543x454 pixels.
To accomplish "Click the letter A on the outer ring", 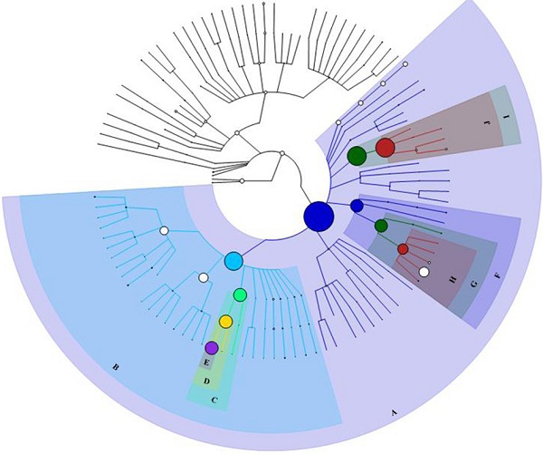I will click(394, 413).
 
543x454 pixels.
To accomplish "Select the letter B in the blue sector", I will click(115, 367).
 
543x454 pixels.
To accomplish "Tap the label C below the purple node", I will click(214, 397).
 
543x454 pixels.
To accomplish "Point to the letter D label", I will click(206, 382).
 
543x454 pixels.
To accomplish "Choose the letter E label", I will click(206, 362).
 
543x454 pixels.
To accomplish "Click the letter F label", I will click(497, 275).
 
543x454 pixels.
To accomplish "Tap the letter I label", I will click(507, 118).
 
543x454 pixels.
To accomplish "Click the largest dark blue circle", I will click(319, 217).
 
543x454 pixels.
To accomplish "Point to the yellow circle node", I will click(225, 322).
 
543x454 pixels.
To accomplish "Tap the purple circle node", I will click(211, 348).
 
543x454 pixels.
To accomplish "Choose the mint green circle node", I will click(240, 295).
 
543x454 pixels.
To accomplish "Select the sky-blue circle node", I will click(233, 261).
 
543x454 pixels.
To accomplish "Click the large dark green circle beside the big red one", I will click(357, 156).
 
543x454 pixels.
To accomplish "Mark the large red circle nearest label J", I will click(385, 147).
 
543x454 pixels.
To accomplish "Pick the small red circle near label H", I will click(403, 249).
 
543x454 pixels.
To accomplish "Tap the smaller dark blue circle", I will click(357, 206).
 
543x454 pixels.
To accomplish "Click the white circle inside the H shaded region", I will click(424, 272).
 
